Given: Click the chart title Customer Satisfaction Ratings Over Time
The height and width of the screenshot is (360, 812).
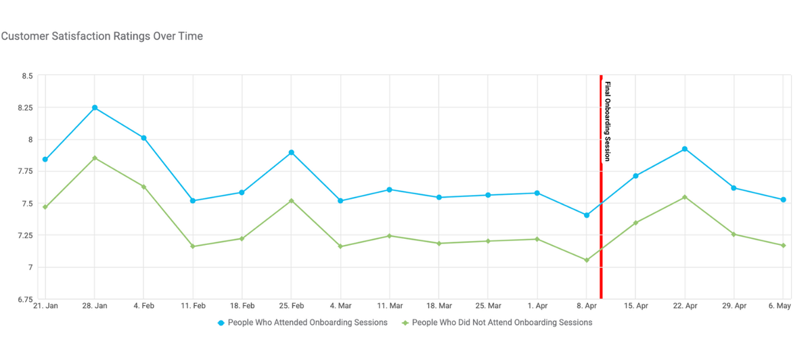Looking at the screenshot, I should [102, 36].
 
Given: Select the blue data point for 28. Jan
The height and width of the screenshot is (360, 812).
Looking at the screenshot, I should [95, 108].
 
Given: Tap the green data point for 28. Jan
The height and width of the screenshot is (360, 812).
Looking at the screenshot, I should [95, 158].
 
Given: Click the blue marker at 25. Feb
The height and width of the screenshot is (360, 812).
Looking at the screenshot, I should [291, 152].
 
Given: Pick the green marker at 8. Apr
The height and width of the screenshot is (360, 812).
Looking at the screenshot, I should [587, 260].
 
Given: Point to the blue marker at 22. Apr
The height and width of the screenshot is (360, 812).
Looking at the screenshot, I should [685, 149].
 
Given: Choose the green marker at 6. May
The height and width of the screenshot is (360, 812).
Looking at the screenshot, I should [783, 246].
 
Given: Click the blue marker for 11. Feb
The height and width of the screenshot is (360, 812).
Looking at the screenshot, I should [193, 201].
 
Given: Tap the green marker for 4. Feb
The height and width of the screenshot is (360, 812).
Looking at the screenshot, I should [143, 187].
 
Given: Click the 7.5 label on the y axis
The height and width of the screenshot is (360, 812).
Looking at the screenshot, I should [26, 204].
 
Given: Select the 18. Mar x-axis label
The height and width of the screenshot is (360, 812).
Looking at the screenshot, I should [439, 306].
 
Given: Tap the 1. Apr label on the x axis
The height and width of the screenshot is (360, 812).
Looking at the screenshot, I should [537, 306].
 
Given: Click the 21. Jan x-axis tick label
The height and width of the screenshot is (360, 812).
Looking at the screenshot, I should [45, 306].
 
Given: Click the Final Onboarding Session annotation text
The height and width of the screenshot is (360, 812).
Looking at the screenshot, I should [608, 122].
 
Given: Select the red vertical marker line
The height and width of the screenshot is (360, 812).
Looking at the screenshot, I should [601, 223].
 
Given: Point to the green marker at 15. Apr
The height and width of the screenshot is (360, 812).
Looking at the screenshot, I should [635, 223].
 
